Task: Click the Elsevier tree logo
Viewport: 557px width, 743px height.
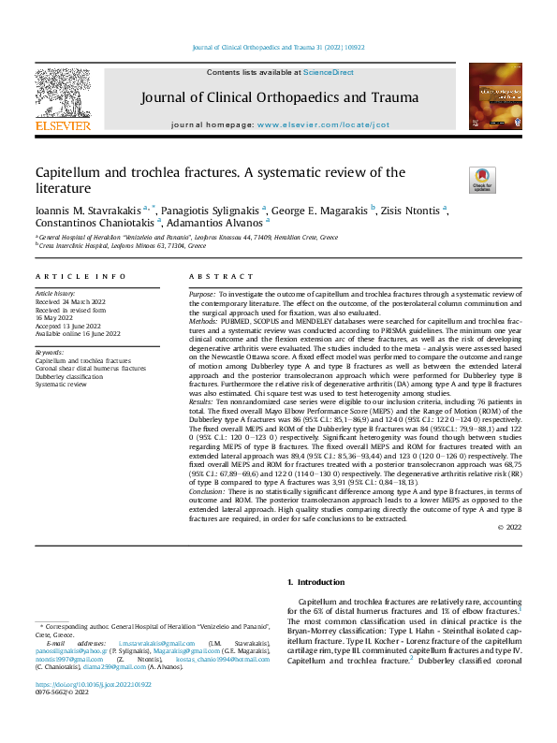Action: (62, 94)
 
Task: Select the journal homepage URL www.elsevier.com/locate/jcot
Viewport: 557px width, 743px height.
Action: (323, 124)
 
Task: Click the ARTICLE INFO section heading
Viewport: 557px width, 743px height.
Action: (81, 277)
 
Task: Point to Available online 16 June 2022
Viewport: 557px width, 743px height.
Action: (78, 333)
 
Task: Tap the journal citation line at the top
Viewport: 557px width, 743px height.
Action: (277, 48)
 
